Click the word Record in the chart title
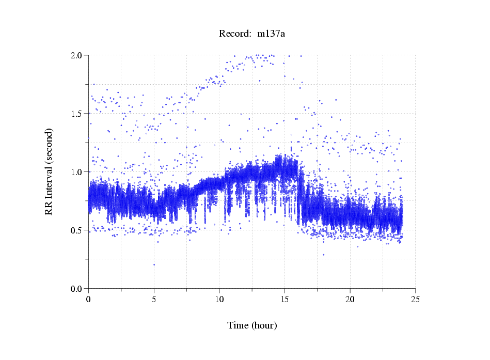pyautogui.click(x=233, y=34)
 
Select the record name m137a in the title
pyautogui.click(x=271, y=34)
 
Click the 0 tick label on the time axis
pyautogui.click(x=89, y=299)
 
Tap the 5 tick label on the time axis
pyautogui.click(x=154, y=299)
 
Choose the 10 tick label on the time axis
pyautogui.click(x=219, y=299)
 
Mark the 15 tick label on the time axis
pyautogui.click(x=284, y=299)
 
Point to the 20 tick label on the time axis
pyautogui.click(x=350, y=299)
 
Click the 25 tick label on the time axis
pyautogui.click(x=415, y=299)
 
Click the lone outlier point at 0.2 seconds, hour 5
pyautogui.click(x=154, y=264)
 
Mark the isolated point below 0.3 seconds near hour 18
pyautogui.click(x=324, y=255)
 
